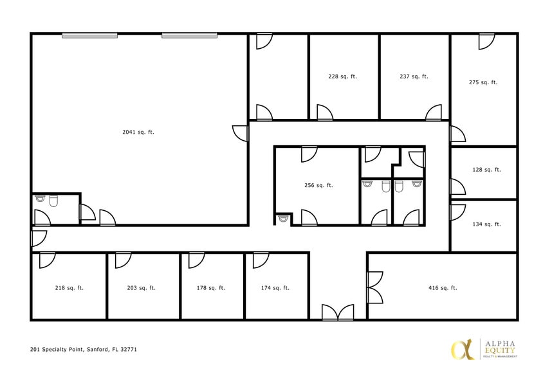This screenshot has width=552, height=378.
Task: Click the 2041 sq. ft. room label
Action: (138, 132)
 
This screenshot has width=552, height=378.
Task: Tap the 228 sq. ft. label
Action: (342, 76)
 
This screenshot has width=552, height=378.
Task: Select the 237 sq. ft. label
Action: (414, 76)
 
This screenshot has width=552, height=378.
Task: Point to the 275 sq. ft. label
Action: (483, 82)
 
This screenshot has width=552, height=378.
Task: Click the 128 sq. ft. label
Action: (486, 170)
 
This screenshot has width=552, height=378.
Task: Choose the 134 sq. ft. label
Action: (486, 224)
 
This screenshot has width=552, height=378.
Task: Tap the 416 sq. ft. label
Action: (443, 288)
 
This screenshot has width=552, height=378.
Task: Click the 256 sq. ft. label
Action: (318, 185)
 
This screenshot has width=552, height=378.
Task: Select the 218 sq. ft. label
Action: (69, 288)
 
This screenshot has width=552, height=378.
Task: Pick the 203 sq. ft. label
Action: (141, 288)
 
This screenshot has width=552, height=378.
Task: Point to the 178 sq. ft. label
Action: (210, 288)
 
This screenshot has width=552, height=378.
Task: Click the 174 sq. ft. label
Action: (275, 288)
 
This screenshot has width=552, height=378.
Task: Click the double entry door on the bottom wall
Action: (338, 312)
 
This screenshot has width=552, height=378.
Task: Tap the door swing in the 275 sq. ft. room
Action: (486, 41)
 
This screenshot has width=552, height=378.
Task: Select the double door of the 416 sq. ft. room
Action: (374, 287)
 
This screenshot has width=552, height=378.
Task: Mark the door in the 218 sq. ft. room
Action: (48, 260)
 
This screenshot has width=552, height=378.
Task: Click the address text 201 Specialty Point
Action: (83, 350)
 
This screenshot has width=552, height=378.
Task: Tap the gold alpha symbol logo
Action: (461, 348)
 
